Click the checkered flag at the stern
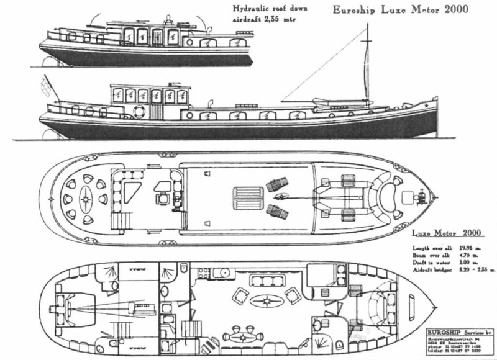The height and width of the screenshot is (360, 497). click(45, 84)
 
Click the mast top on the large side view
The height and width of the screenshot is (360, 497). click(368, 26)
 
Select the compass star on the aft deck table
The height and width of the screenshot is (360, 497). click(85, 200)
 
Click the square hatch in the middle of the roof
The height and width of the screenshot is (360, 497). click(242, 200)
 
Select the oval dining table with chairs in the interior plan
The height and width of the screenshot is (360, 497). click(242, 338)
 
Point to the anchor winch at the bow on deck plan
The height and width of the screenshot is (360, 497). click(418, 199)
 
